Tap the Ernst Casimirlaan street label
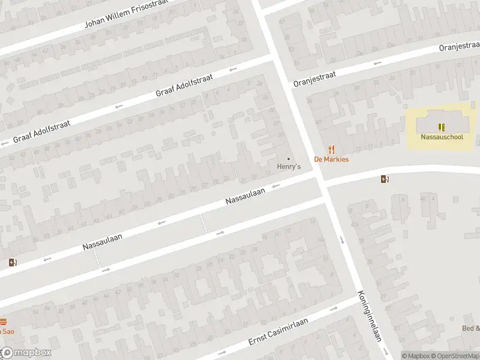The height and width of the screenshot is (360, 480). (278, 331)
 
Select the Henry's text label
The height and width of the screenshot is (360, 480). (289, 166)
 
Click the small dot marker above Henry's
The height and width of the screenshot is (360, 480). (289, 158)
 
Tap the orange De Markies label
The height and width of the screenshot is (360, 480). (331, 160)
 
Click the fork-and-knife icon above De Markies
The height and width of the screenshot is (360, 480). (331, 149)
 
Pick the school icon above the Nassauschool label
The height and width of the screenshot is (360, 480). (442, 127)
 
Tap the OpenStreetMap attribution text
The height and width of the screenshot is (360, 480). (457, 356)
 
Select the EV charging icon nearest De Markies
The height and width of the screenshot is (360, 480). (385, 178)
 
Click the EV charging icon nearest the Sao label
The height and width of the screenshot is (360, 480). (13, 262)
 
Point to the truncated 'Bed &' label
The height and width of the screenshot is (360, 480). (471, 328)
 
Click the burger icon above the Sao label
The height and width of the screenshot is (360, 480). (3, 322)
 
